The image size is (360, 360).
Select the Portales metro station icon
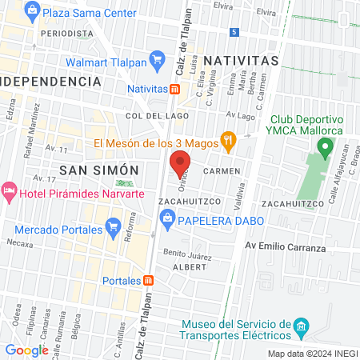149,281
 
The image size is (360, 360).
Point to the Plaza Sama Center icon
32,12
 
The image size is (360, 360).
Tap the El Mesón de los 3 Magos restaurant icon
228,143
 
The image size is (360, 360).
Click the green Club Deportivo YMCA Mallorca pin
325,147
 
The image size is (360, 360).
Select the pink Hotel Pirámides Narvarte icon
9,191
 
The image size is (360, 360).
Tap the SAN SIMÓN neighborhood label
99,170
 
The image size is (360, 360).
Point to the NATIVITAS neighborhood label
241,60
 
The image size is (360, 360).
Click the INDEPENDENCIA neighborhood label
51,82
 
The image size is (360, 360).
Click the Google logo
26,350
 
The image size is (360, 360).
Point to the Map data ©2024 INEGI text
311,354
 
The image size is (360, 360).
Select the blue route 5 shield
234,32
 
